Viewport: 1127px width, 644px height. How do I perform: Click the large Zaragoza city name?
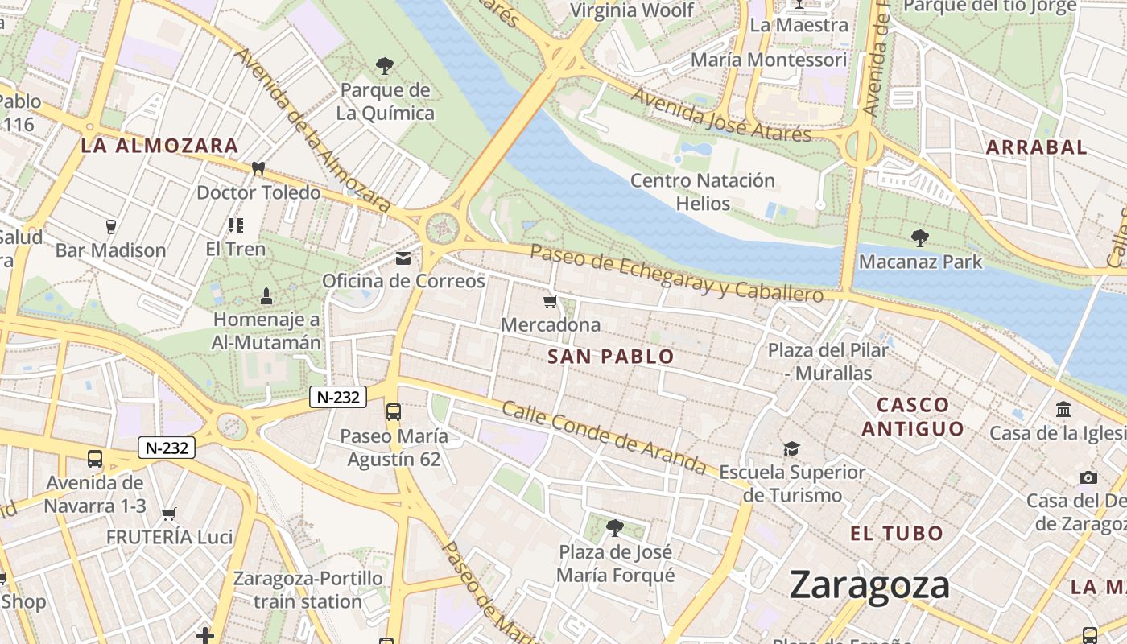(x=869, y=585)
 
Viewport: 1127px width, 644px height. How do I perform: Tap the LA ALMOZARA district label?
(x=159, y=146)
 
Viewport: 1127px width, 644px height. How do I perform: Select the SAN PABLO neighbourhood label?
(x=610, y=357)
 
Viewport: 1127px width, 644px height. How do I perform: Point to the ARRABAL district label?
(x=1036, y=147)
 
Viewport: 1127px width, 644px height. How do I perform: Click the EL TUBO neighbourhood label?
(x=897, y=534)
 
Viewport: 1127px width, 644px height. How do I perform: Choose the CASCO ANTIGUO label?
(x=913, y=416)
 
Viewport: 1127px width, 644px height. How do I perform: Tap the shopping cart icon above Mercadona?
(x=551, y=302)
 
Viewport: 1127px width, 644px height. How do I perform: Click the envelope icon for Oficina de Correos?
(x=403, y=258)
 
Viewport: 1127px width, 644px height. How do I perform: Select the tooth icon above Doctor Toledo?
(x=258, y=169)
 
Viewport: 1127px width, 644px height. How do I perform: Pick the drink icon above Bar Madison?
(x=111, y=226)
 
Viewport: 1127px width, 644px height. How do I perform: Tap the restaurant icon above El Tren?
(x=235, y=225)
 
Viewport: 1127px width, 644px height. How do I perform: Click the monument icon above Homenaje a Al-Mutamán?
(x=266, y=296)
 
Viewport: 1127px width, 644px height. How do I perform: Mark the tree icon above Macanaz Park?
(x=920, y=238)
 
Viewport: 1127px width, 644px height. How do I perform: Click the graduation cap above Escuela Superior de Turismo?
(x=792, y=448)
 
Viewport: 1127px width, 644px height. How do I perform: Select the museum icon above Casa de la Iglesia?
(x=1063, y=410)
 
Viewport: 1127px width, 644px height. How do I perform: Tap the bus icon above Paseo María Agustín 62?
(x=394, y=412)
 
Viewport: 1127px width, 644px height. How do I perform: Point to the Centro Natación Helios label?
(x=703, y=192)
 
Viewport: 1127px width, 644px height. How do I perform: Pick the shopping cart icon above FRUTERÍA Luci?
(x=169, y=514)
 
